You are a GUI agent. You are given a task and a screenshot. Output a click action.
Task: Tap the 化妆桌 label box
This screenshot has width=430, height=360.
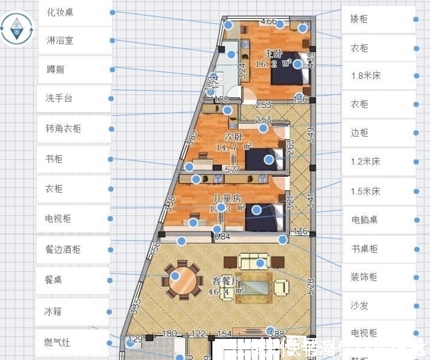tap(60, 12)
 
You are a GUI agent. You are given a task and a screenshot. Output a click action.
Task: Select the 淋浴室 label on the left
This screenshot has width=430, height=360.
tap(60, 41)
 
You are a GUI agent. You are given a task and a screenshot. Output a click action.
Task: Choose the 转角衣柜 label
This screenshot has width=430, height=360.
tap(64, 129)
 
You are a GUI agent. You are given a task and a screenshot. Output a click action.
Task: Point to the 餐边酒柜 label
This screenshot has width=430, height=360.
tap(63, 249)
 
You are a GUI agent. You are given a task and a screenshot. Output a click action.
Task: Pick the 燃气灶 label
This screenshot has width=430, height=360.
tap(57, 343)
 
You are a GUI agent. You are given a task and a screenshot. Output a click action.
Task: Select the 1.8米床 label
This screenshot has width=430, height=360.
tap(365, 76)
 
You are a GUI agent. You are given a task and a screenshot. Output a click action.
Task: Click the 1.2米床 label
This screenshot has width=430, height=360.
tap(365, 162)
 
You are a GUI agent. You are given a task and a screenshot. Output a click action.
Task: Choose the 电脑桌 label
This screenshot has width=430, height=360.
tap(365, 220)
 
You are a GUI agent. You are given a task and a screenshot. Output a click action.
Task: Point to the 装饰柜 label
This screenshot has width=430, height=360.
tap(365, 277)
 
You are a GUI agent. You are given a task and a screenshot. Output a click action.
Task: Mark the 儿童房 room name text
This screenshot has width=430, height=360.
tap(227, 197)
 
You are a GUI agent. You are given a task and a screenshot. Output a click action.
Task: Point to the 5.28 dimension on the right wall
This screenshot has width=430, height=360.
tap(311, 285)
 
